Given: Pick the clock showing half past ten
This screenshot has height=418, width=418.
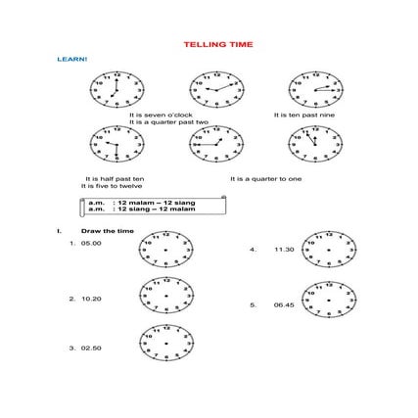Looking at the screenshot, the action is coord(116,144).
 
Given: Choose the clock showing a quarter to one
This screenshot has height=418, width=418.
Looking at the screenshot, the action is coord(216,144).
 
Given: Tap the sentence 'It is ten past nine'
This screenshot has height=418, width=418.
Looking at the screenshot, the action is coord(298,116).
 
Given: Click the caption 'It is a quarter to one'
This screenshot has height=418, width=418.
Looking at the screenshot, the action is coord(266,178).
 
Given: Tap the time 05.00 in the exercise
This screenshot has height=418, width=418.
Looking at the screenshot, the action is coord(91,243).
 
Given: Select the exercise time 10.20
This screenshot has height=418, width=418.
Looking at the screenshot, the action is coord(91,297).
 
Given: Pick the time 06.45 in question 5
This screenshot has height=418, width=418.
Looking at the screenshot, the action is coord(284,304).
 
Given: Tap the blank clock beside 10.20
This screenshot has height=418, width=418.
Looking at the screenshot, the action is coord(166,296).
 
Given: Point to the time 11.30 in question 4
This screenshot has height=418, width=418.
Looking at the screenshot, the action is coord(284,250).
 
